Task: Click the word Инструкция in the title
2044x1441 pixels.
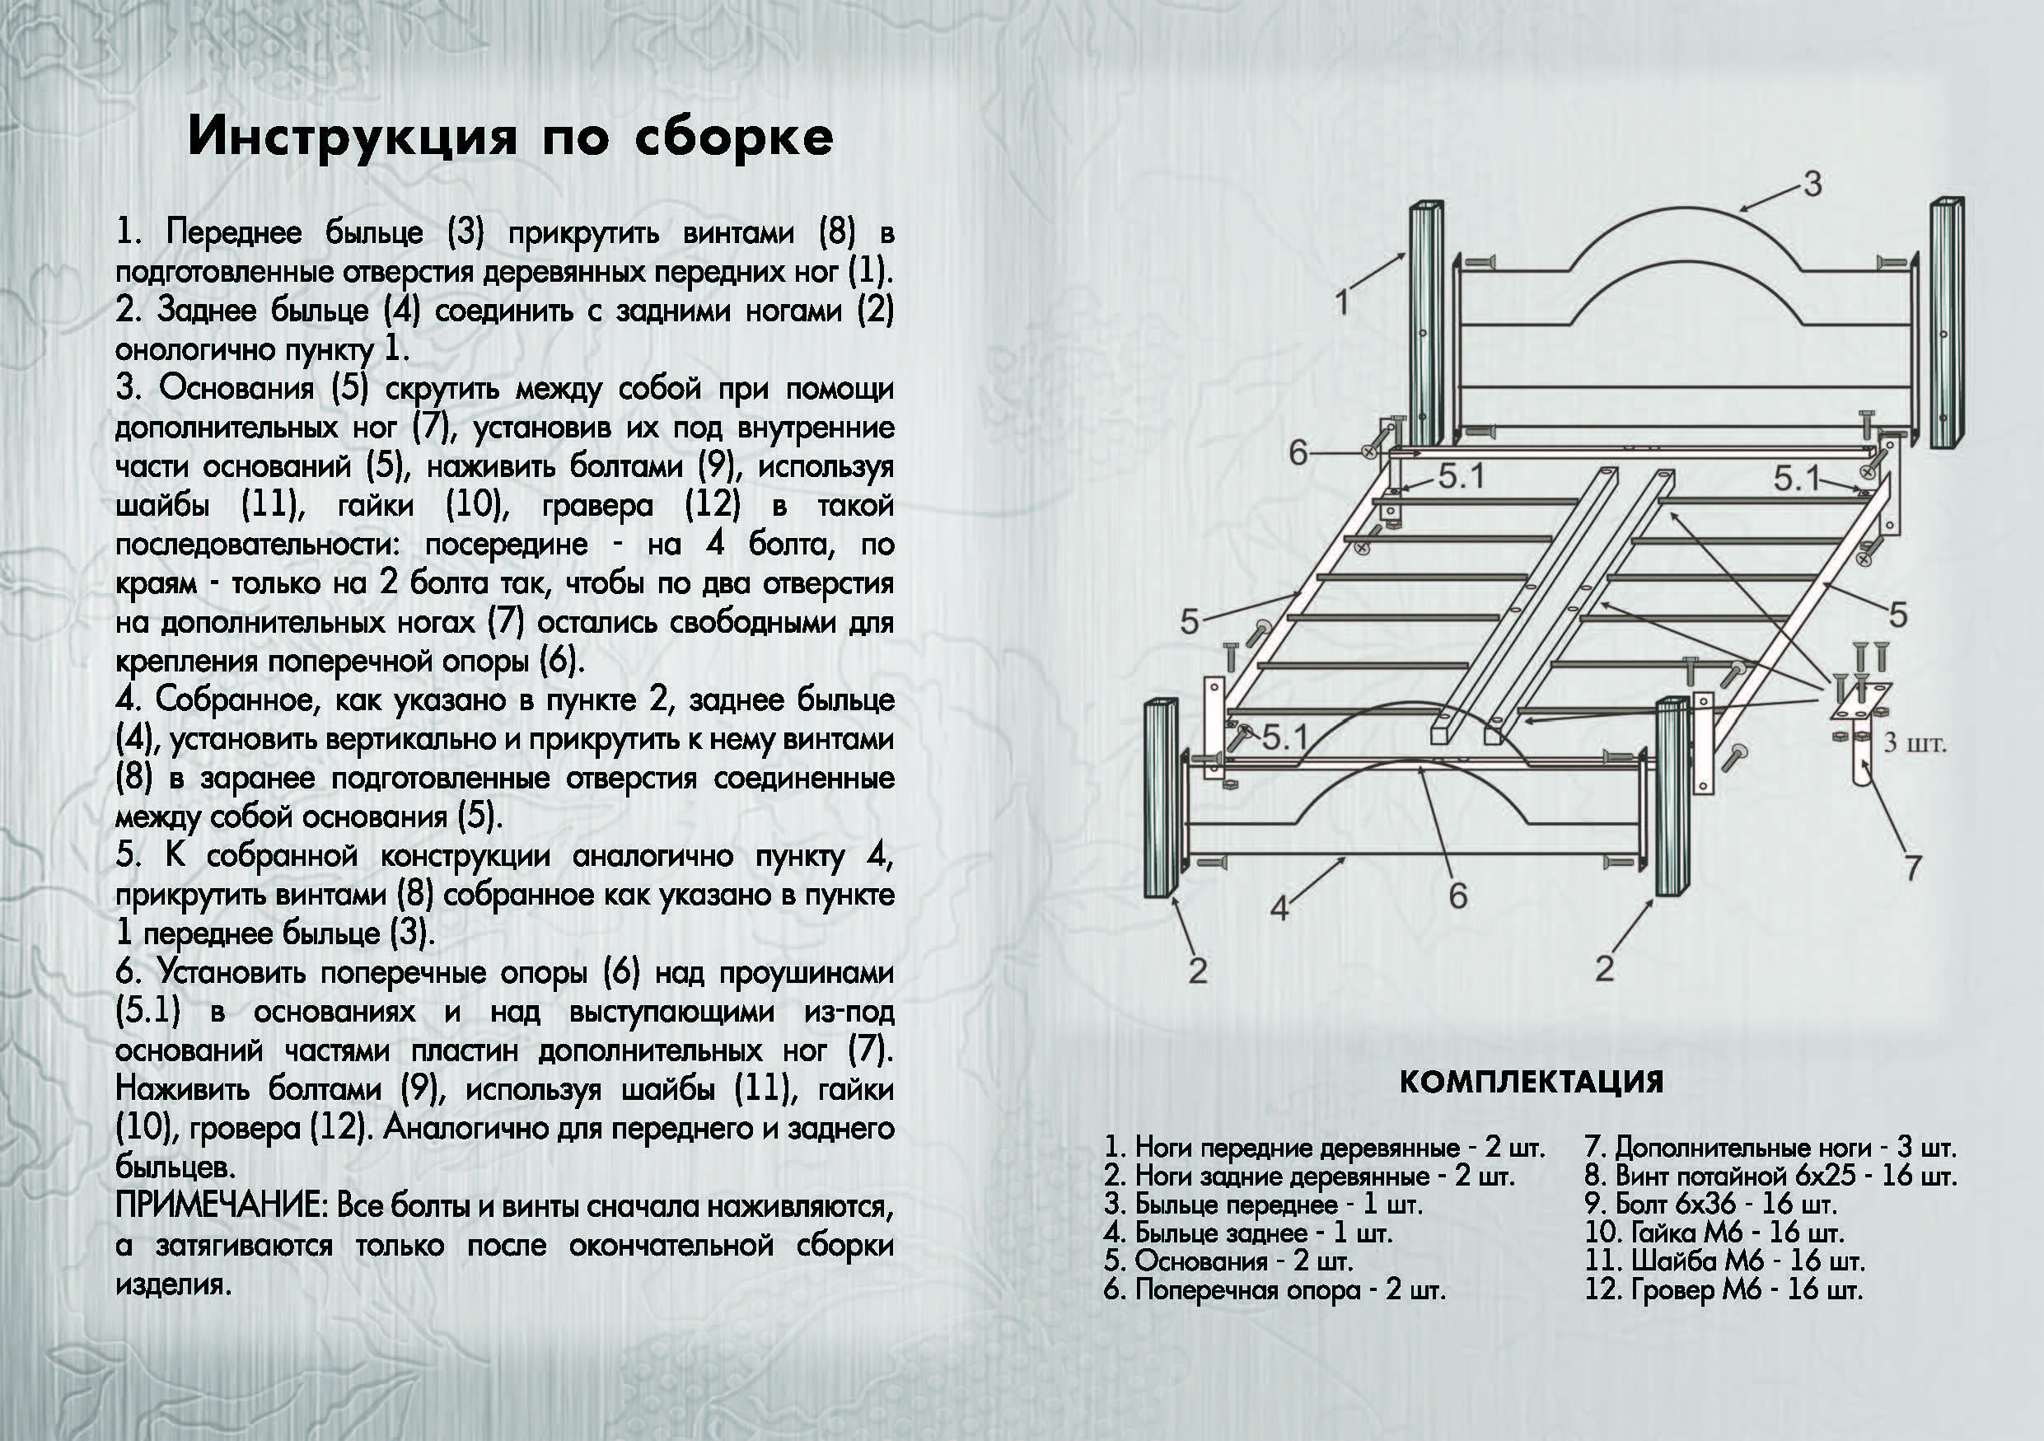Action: pos(353,138)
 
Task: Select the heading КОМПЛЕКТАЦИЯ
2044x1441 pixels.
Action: pos(1532,1083)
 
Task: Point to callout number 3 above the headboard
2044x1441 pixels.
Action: pos(1812,185)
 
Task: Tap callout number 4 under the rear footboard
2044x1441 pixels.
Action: pos(1279,909)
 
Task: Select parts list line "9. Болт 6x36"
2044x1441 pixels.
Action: pos(1710,1205)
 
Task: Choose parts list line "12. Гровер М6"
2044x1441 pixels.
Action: pos(1724,1289)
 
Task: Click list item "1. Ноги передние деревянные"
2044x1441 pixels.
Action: pos(1325,1149)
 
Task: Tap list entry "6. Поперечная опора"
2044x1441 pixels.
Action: pos(1275,1289)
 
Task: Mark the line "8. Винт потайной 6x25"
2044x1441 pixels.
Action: pos(1770,1176)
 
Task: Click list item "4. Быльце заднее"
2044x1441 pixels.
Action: pos(1248,1233)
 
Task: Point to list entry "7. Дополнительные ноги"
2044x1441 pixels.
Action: pos(1770,1149)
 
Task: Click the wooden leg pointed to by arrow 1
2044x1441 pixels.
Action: pos(1425,325)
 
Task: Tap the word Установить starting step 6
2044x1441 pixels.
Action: pos(231,973)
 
